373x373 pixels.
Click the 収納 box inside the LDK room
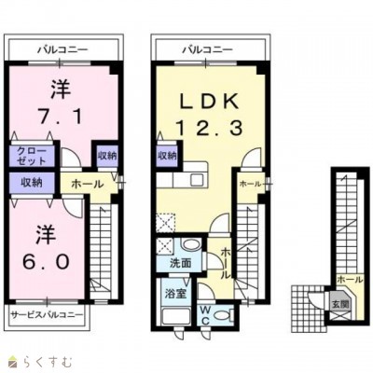coord(167,155)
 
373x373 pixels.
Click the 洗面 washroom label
coord(180,264)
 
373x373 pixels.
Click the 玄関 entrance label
coord(341,302)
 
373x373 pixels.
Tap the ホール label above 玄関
coord(349,278)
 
